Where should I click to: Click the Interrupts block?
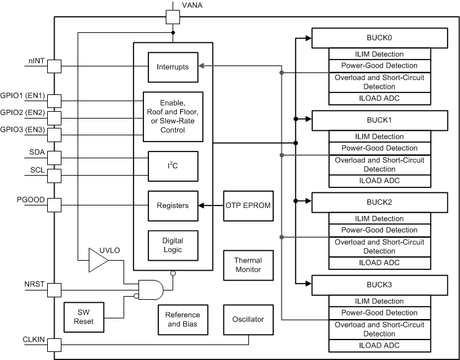pos(173,67)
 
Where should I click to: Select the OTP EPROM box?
pos(248,205)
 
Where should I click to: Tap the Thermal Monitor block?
pos(248,265)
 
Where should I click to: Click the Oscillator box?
pos(248,320)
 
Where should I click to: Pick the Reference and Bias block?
pos(183,320)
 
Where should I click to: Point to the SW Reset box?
pos(83,318)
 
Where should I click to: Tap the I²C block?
pos(173,166)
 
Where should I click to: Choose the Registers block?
pos(173,205)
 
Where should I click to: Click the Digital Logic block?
pos(173,245)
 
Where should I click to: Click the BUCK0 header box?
pos(379,38)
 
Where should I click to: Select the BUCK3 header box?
pos(379,285)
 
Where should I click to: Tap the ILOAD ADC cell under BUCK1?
pos(379,181)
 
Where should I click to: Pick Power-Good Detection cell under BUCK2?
pos(379,230)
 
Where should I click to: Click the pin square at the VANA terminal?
pos(173,17)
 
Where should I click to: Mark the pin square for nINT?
pos(55,65)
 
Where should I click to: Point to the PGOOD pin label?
pos(29,200)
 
